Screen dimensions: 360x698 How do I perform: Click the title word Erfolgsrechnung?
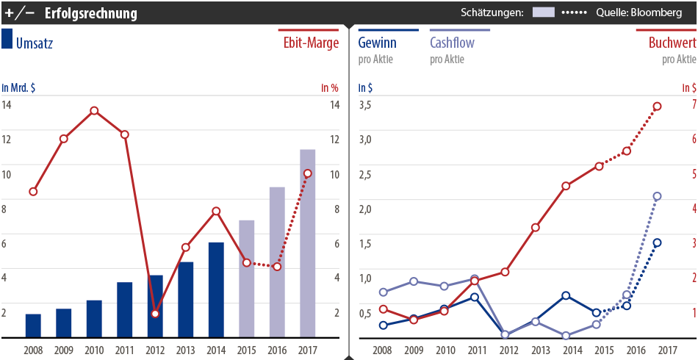[x=90, y=13]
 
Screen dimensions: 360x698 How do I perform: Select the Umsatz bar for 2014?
[x=216, y=289]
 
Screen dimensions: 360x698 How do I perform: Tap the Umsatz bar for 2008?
[x=33, y=325]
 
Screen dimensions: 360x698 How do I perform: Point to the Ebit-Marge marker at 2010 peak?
[x=94, y=111]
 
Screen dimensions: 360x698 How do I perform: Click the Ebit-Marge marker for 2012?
[x=155, y=314]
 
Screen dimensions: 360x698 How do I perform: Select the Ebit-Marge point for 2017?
[x=308, y=173]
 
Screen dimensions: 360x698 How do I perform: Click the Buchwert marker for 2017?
[x=658, y=107]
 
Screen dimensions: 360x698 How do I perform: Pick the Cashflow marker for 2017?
[x=658, y=196]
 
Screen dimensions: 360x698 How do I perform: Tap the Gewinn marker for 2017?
[x=658, y=242]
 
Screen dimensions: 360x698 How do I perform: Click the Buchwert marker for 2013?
[x=536, y=228]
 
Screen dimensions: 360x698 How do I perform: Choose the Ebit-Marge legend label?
[x=311, y=43]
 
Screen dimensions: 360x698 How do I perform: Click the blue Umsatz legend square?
[x=7, y=40]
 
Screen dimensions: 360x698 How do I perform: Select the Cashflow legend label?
[x=451, y=43]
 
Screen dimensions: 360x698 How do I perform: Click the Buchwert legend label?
[x=672, y=43]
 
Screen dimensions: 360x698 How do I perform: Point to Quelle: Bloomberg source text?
[x=639, y=13]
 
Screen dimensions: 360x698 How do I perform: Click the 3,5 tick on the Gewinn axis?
[x=364, y=105]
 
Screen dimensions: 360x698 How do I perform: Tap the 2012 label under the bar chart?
[x=155, y=350]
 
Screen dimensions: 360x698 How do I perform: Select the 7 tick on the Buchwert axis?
[x=690, y=105]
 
